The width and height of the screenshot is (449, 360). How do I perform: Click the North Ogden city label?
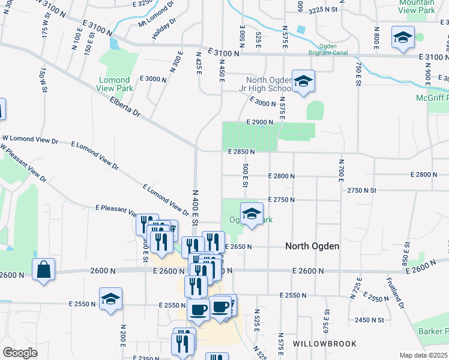pos(312,246)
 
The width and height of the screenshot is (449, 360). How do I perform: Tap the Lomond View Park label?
pos(114,84)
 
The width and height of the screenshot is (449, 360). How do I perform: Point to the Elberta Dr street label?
pos(125,108)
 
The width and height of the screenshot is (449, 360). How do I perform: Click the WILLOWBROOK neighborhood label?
pos(325,344)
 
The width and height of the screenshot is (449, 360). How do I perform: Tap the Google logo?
pos(20,353)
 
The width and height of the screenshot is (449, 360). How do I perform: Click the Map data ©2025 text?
pos(423,355)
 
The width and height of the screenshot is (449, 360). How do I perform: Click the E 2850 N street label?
pos(241,152)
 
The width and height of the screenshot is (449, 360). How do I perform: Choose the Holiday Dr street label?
pos(164,29)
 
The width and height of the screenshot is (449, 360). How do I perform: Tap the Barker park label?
pos(435,331)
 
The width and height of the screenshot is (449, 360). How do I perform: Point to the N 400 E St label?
pos(196,206)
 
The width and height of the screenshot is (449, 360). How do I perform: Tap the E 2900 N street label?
pos(259,122)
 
